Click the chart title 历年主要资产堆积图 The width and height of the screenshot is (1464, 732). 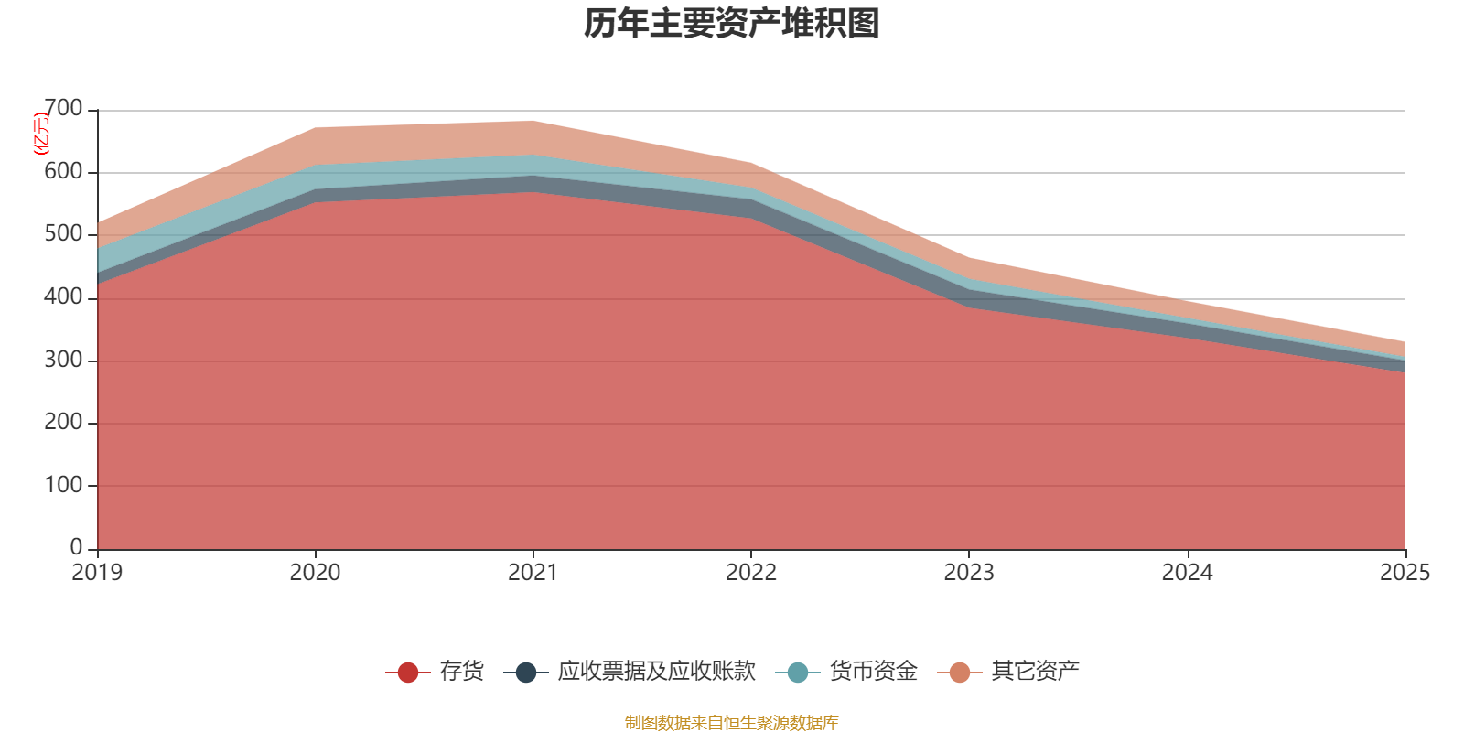point(731,24)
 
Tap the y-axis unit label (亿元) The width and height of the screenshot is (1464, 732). point(40,134)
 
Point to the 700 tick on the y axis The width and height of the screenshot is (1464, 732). point(63,109)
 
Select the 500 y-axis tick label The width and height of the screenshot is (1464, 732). point(63,234)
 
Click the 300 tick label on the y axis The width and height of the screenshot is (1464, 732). point(63,360)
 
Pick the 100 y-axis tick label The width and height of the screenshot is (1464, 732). point(63,485)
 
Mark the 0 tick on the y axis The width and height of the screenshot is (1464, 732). point(77,547)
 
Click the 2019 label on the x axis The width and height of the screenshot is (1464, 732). point(97,573)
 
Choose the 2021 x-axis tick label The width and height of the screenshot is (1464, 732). point(533,573)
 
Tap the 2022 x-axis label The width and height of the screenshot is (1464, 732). point(751,573)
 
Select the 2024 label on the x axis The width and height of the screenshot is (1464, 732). point(1187,573)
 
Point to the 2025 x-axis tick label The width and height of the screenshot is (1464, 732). point(1405,573)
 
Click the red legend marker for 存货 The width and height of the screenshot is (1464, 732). point(408,672)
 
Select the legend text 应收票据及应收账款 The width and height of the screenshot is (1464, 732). point(656,672)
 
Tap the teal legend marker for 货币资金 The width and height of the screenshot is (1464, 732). point(798,672)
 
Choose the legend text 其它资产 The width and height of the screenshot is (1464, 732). point(1035,672)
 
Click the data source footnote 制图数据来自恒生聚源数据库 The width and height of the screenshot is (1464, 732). point(731,722)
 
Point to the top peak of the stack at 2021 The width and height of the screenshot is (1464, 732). point(533,121)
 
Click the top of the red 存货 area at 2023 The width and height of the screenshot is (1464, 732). point(969,307)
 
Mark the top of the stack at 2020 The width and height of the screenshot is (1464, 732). point(316,127)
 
